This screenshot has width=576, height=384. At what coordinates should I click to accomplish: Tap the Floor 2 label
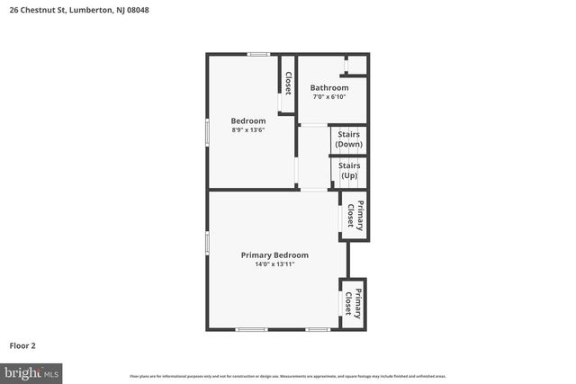click(22, 344)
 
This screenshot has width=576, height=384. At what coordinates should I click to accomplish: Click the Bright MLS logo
click(31, 371)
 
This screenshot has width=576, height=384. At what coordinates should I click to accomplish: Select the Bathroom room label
click(329, 87)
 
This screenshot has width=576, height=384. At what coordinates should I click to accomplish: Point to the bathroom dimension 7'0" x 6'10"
click(328, 96)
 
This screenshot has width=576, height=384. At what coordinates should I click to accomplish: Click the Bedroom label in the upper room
click(248, 121)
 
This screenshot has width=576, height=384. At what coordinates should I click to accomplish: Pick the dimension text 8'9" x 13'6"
click(248, 130)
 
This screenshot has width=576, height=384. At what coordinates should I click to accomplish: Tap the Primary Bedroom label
click(274, 255)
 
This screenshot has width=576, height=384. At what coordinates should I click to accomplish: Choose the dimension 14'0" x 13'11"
click(274, 264)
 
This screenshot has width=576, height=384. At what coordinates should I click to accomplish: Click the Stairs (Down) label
click(348, 138)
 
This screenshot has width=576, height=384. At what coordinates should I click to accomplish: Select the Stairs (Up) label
click(349, 170)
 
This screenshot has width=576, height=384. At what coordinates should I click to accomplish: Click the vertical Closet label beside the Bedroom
click(288, 83)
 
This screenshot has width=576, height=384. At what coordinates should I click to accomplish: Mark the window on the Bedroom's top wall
click(259, 55)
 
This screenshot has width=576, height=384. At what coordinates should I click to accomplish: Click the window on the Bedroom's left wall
click(208, 131)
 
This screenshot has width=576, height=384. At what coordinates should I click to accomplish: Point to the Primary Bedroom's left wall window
click(208, 242)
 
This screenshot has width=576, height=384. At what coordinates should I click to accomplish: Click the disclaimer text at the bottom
click(288, 376)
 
